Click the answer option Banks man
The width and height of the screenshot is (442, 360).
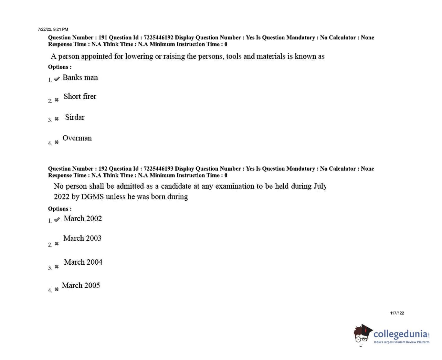click(80, 78)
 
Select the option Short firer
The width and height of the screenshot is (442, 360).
click(80, 97)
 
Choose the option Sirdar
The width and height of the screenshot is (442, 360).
click(75, 117)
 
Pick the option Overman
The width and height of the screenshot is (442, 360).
click(77, 138)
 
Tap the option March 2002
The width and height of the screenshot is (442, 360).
click(83, 219)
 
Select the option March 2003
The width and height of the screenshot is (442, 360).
click(82, 239)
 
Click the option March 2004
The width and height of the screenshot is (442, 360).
click(83, 262)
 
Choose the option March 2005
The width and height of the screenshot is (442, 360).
click(81, 286)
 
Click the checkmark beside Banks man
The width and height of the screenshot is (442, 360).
click(57, 79)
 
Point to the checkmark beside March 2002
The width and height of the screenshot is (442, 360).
click(57, 219)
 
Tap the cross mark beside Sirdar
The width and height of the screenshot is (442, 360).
click(57, 119)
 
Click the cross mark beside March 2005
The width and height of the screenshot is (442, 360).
click(57, 289)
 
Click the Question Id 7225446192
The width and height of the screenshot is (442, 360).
click(158, 38)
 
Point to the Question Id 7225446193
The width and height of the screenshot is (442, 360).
click(158, 169)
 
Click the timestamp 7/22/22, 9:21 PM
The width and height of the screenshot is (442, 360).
click(53, 30)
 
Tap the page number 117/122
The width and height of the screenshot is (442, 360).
click(397, 313)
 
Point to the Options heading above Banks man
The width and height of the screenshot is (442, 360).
click(60, 67)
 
